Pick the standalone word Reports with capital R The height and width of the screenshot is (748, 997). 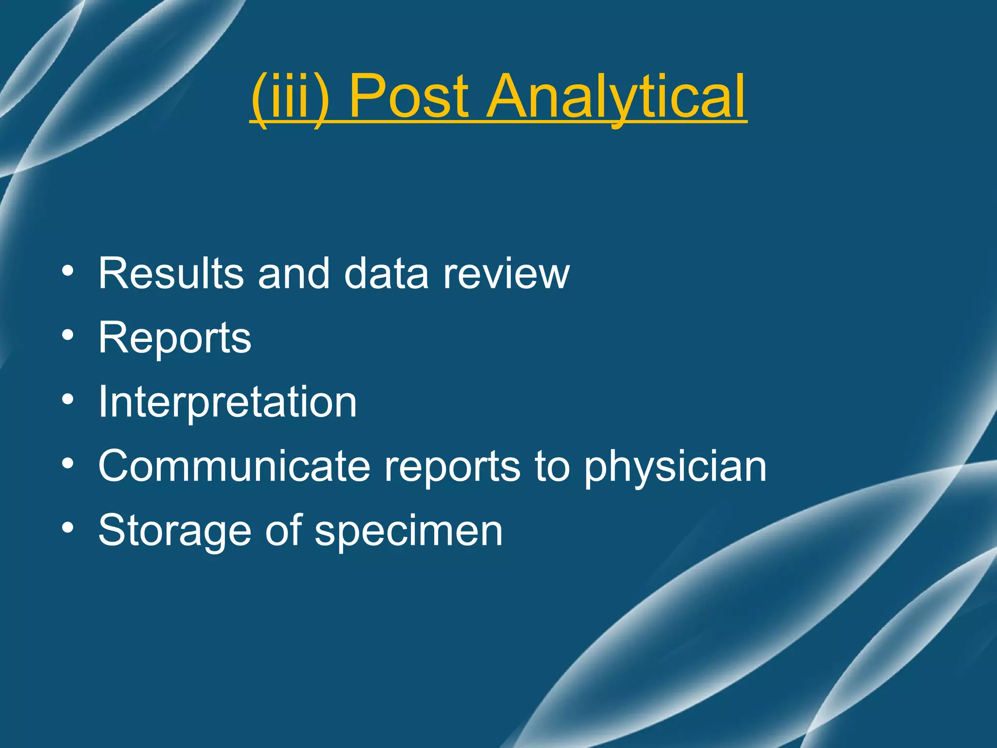[174, 338]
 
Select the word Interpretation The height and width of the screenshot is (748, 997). [227, 402]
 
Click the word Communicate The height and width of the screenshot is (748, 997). [234, 466]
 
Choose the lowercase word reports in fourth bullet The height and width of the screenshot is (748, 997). [452, 466]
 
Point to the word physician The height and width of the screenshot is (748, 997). [675, 466]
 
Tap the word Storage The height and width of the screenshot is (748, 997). [175, 530]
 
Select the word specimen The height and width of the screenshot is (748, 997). [408, 530]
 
